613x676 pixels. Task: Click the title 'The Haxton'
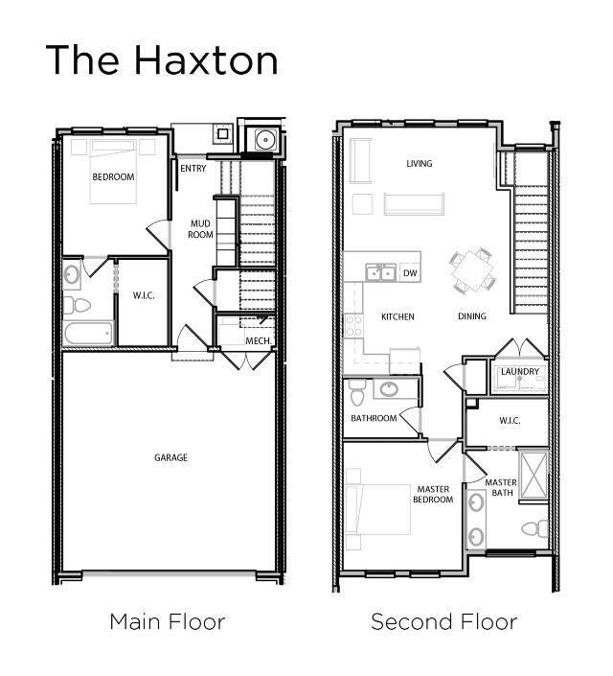point(162,59)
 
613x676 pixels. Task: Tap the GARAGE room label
point(170,457)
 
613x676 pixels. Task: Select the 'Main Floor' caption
point(167,621)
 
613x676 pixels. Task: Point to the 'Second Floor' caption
point(443,621)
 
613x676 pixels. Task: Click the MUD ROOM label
point(199,229)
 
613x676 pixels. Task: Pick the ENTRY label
point(193,169)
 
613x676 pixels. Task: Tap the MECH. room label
point(257,341)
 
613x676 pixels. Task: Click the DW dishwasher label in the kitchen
point(409,272)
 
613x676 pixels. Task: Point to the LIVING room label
point(419,164)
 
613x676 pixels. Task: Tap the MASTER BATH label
point(501,487)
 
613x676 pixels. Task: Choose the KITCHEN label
point(397,316)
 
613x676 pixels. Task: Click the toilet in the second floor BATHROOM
point(356,393)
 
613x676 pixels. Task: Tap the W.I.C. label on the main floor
point(144,296)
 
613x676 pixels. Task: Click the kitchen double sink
point(381,273)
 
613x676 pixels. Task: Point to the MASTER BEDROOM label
point(432,494)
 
